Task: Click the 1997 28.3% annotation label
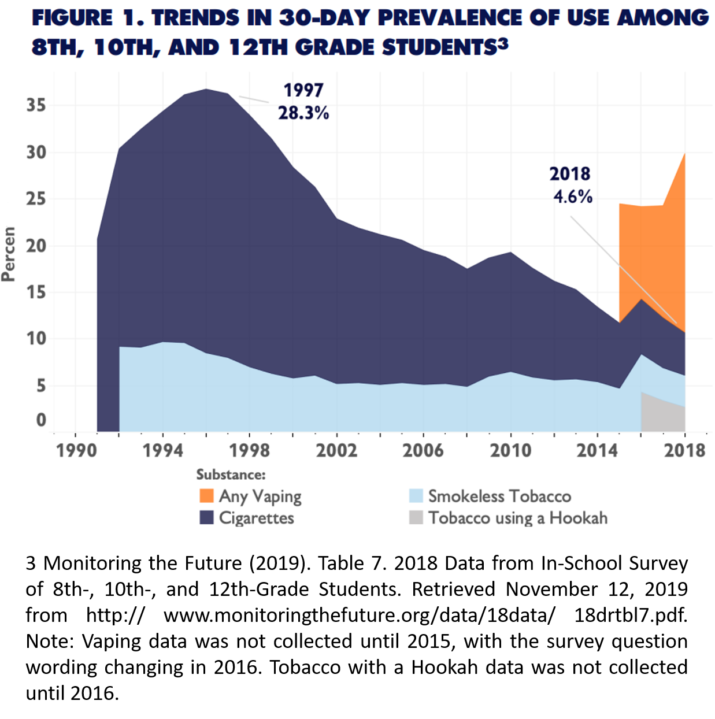point(303,101)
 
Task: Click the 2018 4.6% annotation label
point(571,185)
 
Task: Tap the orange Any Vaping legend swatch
point(206,496)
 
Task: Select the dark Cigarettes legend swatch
point(206,517)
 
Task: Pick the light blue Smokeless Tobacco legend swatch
point(416,496)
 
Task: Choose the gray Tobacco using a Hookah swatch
point(416,517)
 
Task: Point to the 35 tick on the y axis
point(36,105)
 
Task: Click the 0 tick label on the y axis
point(40,420)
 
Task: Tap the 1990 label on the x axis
point(76,450)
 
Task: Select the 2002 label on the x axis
point(336,450)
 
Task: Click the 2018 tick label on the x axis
point(684,450)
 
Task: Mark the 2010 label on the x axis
point(510,450)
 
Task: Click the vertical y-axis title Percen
point(9,254)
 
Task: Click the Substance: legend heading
point(231,475)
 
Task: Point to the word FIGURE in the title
point(72,18)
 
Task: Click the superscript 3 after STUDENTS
point(503,43)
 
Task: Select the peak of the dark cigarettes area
point(206,90)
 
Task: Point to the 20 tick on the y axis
point(36,245)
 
